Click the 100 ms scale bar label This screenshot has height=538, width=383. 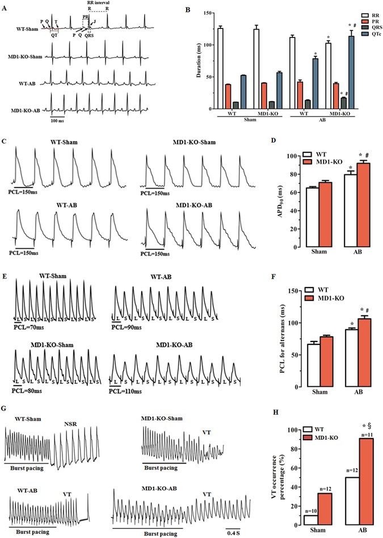tap(56, 121)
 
